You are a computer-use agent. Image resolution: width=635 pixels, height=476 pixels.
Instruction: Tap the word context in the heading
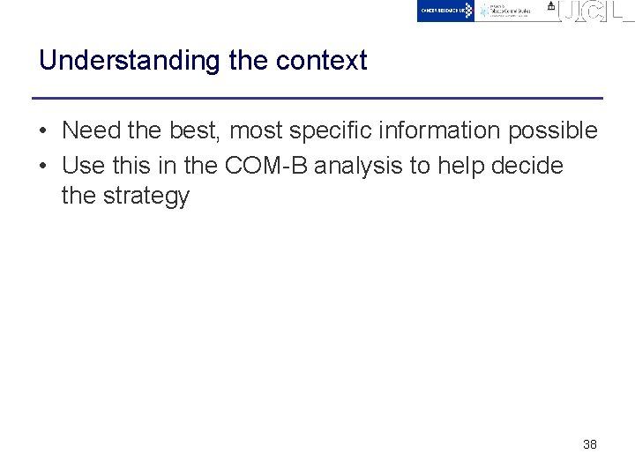321,61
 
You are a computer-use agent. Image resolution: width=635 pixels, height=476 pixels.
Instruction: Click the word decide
527,166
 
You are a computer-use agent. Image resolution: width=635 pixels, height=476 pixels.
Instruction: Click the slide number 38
590,444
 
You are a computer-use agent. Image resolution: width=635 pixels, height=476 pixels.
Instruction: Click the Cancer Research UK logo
445,11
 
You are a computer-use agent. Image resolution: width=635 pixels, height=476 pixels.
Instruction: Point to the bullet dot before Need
42,131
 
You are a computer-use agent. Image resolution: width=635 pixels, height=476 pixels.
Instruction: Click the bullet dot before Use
42,167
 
